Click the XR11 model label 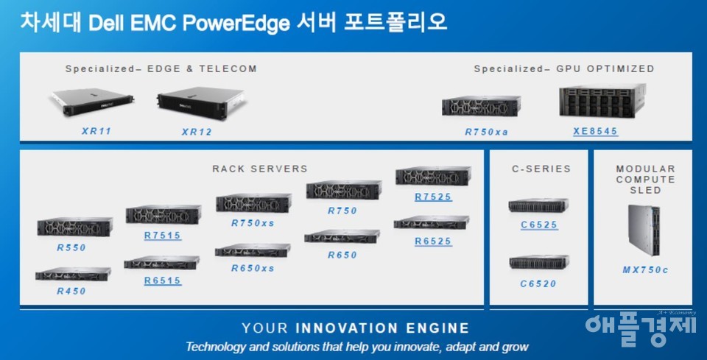pos(96,132)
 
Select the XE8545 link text pos(596,131)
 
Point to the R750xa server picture pos(481,107)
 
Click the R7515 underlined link pos(163,235)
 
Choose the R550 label pos(71,248)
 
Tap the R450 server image pos(74,274)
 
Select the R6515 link pos(163,280)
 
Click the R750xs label pos(253,223)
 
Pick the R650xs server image pos(253,250)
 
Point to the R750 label pos(342,211)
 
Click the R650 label pos(342,255)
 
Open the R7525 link pos(433,197)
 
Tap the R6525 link pos(433,241)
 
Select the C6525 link pos(539,225)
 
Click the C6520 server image pos(539,262)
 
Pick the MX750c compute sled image pos(644,230)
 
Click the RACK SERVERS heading pos(260,169)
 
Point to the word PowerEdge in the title pos(236,24)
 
